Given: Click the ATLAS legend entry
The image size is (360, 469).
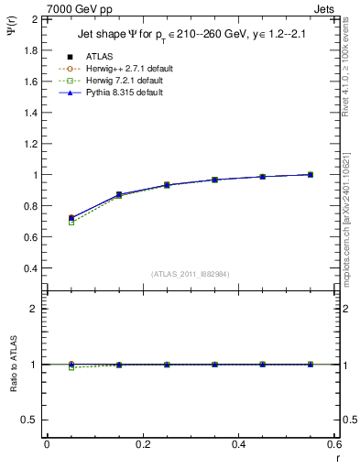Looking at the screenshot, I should [x=100, y=56].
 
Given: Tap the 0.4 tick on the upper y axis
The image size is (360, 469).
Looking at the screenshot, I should [x=31, y=268].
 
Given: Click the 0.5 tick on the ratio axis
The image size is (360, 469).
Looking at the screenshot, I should [x=31, y=420].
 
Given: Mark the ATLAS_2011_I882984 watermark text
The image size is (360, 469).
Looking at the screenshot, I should [x=190, y=273].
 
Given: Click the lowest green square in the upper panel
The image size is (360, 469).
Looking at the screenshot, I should [x=71, y=223].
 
